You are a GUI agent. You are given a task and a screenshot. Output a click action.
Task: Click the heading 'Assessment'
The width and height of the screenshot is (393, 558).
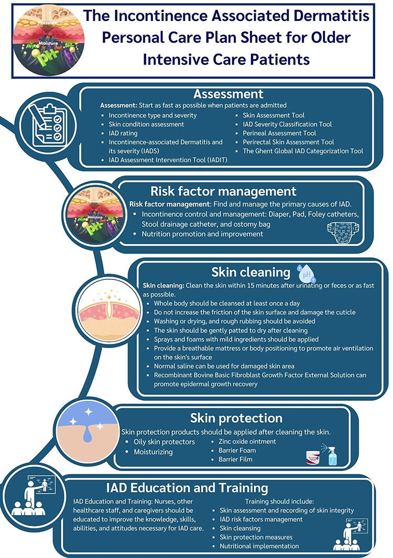click(x=228, y=94)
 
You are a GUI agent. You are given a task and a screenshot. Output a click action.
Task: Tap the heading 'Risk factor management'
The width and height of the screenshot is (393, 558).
click(x=238, y=191)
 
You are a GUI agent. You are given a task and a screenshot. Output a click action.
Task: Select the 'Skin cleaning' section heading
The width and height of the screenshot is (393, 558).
click(x=250, y=272)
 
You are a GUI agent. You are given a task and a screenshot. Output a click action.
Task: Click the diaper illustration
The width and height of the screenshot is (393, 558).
click(x=343, y=233)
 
